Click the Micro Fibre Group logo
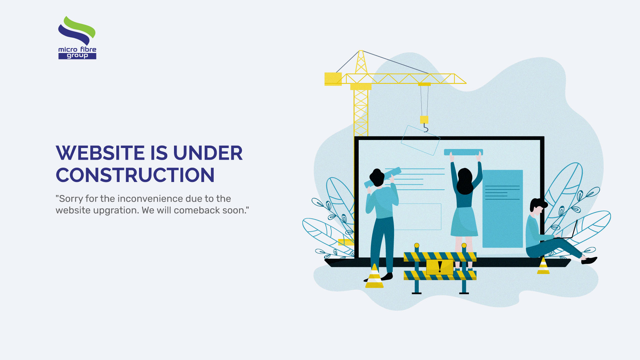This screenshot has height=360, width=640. (77, 38)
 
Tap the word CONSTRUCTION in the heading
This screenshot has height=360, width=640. (135, 175)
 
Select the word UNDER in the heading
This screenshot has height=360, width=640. (208, 153)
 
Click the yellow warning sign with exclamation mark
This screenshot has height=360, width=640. (440, 267)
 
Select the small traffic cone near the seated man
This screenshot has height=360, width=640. (543, 266)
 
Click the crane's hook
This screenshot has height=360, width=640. (425, 128)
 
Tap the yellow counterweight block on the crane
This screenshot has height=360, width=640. (333, 79)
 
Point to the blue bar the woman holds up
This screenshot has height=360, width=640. (463, 152)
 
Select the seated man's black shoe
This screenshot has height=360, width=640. (589, 260)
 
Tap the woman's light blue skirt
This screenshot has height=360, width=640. (464, 221)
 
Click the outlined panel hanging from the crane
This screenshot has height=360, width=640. (420, 140)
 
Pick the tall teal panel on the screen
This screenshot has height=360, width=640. (503, 209)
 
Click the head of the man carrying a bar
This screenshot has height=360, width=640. (377, 177)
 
